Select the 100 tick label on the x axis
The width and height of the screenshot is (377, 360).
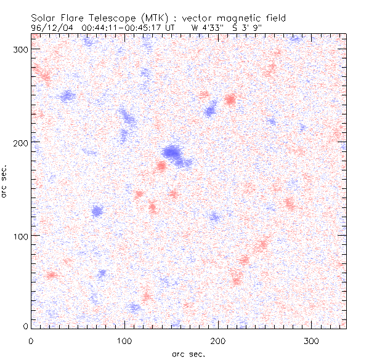tap(124, 340)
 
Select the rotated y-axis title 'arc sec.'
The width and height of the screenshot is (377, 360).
tap(5, 181)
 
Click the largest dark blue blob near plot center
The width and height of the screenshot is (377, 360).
tap(172, 152)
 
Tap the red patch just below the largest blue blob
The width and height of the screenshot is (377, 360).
tap(161, 166)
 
